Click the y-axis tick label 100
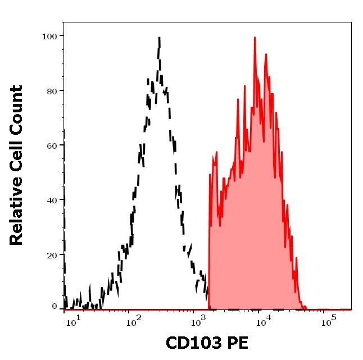point(50,37)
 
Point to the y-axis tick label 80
point(52,91)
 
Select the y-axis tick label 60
point(52,145)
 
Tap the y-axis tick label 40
point(52,200)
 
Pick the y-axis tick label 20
point(52,255)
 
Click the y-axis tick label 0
point(55,307)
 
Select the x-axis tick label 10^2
point(133,322)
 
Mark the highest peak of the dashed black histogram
point(160,38)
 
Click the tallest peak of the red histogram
point(255,38)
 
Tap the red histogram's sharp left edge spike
point(210,174)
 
